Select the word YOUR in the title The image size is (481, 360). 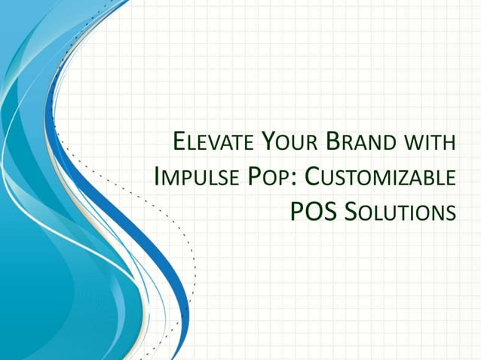pos(292,143)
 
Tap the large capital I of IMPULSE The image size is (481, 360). pos(157,177)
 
